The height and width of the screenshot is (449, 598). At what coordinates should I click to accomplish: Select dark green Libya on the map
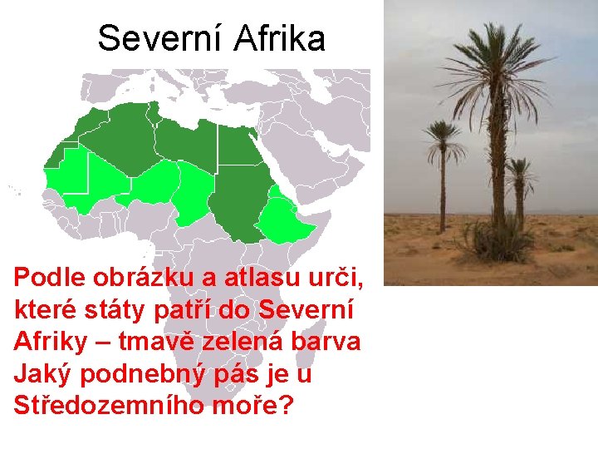click(x=187, y=141)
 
